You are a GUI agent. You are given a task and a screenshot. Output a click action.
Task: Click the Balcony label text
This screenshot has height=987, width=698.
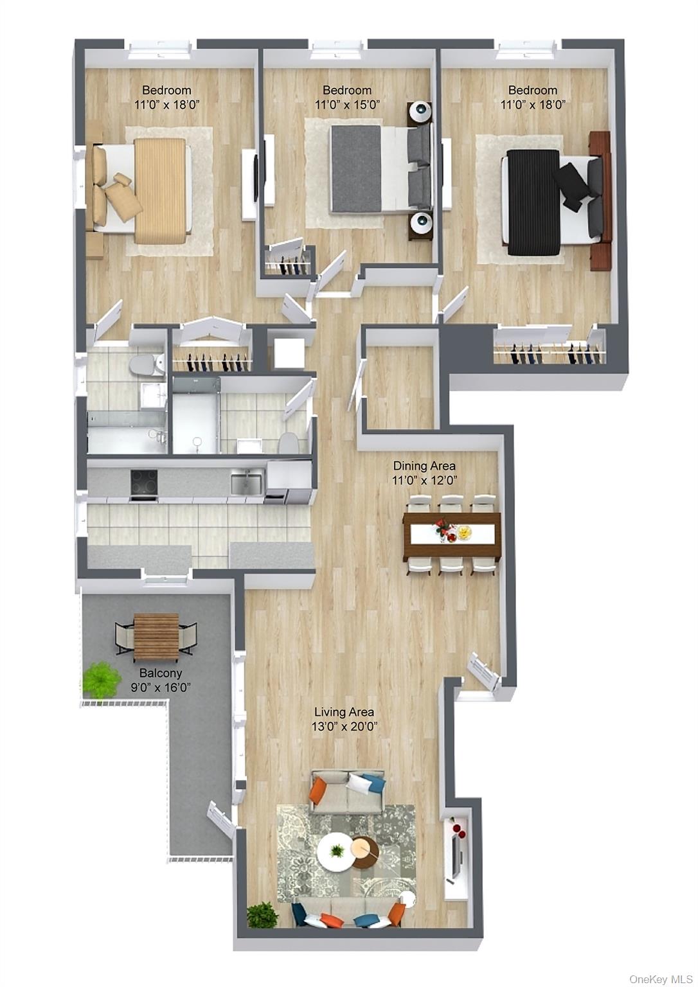pos(161,673)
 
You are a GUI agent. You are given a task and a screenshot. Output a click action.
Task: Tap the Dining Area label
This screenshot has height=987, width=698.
pos(424,466)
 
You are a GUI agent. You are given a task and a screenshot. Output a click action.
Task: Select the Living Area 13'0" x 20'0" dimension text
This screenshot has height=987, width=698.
pos(344,727)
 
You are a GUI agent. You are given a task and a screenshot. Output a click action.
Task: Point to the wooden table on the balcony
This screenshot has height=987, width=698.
pos(156,636)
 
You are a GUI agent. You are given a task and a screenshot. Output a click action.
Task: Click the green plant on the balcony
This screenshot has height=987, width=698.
pos(101,678)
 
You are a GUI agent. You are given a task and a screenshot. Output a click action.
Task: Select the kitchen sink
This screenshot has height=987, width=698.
pos(246,482)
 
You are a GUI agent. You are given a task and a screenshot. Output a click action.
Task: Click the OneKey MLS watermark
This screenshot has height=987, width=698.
pos(660,979)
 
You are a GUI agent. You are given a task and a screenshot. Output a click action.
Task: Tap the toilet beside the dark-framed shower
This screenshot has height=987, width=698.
pos(289,443)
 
